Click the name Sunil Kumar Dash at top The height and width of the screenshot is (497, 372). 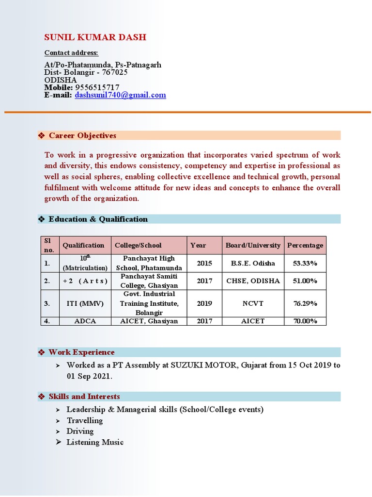click(x=95, y=37)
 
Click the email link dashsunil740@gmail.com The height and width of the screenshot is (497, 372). click(x=120, y=95)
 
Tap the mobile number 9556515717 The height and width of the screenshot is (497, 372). click(x=97, y=87)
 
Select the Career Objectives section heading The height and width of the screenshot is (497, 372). click(x=82, y=135)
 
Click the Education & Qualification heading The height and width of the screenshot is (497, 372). click(x=98, y=219)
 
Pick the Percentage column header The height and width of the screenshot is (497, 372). click(x=305, y=245)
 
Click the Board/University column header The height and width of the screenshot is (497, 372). click(x=253, y=245)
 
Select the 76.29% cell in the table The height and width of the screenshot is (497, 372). click(x=305, y=303)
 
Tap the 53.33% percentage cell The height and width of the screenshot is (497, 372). click(x=305, y=263)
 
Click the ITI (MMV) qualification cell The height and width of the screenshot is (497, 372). click(x=85, y=303)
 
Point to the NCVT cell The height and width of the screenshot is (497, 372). click(x=253, y=303)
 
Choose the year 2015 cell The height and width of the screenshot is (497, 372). click(x=204, y=263)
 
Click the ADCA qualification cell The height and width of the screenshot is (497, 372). click(x=85, y=321)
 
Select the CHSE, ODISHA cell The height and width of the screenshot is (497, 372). click(x=253, y=281)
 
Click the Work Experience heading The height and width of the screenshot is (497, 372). click(x=81, y=352)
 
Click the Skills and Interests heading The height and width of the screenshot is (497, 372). click(x=84, y=397)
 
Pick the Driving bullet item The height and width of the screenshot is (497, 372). click(x=80, y=431)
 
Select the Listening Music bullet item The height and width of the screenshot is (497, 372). click(x=95, y=442)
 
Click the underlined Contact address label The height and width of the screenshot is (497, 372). click(x=71, y=52)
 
